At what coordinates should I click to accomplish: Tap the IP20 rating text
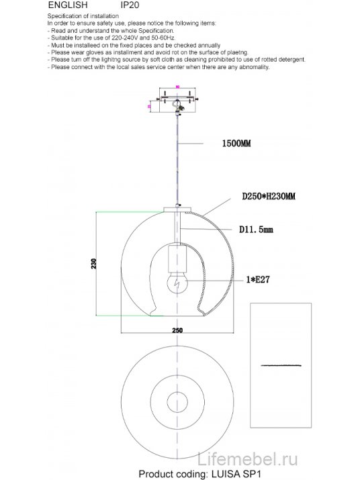tap(120, 4)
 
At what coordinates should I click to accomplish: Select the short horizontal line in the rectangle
tap(281, 365)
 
